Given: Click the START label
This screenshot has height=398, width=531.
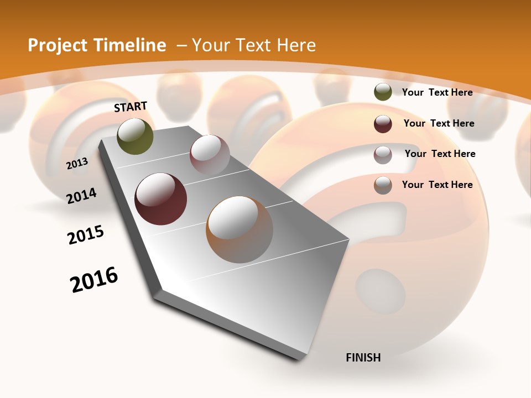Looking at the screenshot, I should coord(131,106).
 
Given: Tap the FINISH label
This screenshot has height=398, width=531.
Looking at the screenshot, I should coord(363,358).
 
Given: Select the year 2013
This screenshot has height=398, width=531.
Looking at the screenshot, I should coord(77,163).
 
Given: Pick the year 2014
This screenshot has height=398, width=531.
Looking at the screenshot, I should coord(82,196).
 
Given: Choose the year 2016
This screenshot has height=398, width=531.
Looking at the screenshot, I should coord(94,279).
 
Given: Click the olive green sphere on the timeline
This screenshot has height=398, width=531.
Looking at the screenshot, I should coord(136,136).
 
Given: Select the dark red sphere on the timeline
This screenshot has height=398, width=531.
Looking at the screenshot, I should coord(161,199).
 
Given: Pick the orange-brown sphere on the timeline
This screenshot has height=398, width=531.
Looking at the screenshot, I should coord(240,229).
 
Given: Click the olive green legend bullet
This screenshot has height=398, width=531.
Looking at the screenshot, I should coord(383,92).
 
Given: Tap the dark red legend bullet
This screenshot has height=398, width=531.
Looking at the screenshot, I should coord(383,124).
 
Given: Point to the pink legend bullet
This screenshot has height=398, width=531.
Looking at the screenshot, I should coord(383,155).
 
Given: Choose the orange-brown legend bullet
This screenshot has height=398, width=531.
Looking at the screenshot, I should coord(383,185).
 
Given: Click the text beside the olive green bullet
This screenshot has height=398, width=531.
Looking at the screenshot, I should coord(437,92).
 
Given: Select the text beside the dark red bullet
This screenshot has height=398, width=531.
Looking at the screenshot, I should coord(439,123).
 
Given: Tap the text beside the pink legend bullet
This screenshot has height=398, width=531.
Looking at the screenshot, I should coord(440,154).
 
